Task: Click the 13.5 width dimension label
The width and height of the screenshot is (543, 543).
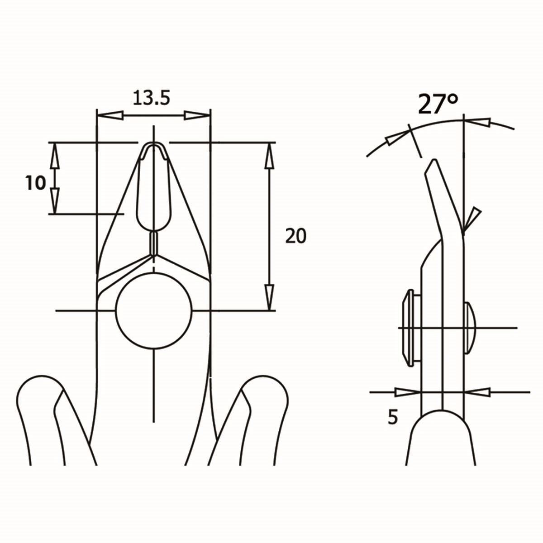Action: pos(151,97)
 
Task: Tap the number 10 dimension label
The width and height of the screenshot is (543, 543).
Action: pos(36,183)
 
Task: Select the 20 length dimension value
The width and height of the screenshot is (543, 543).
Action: pos(295,236)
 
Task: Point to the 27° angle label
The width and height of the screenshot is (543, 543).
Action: pos(438,104)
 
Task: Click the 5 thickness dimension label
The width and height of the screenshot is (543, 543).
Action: pos(392,417)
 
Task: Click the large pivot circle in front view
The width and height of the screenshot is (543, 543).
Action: pos(154,311)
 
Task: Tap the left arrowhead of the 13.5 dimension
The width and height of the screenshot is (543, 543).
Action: pos(110,115)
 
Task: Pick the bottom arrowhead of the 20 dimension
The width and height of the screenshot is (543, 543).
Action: pos(270,296)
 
